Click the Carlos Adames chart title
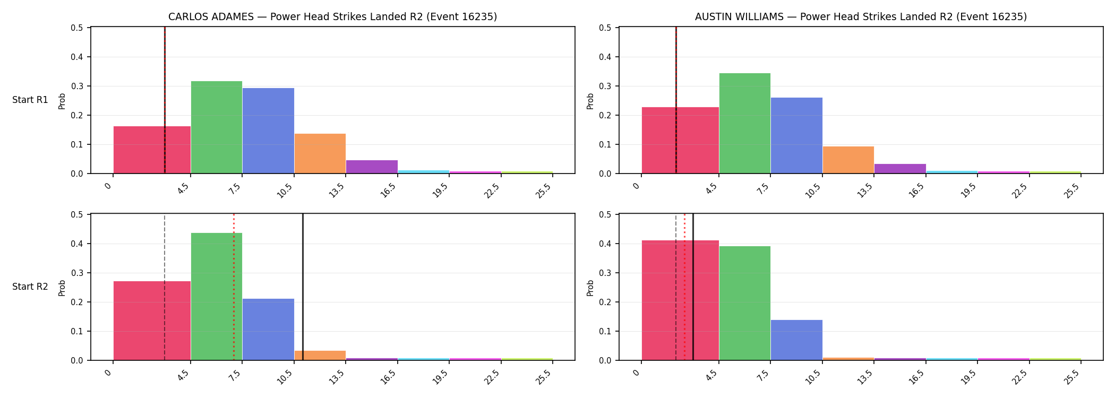[332, 17]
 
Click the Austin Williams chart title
[861, 17]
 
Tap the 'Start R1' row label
[30, 100]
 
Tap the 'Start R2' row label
[30, 287]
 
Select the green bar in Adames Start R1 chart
[217, 127]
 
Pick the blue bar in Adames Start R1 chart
[268, 131]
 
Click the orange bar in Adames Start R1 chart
[320, 153]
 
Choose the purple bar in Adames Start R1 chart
[372, 167]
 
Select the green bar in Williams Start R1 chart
[745, 123]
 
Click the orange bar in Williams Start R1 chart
[848, 160]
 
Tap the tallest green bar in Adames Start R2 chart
[217, 297]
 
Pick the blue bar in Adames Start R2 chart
[268, 330]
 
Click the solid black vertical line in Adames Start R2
[303, 287]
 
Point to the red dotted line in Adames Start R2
[234, 287]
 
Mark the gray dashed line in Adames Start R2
[165, 287]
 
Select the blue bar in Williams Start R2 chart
[796, 340]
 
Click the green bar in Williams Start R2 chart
[745, 303]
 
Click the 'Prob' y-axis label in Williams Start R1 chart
[590, 101]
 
